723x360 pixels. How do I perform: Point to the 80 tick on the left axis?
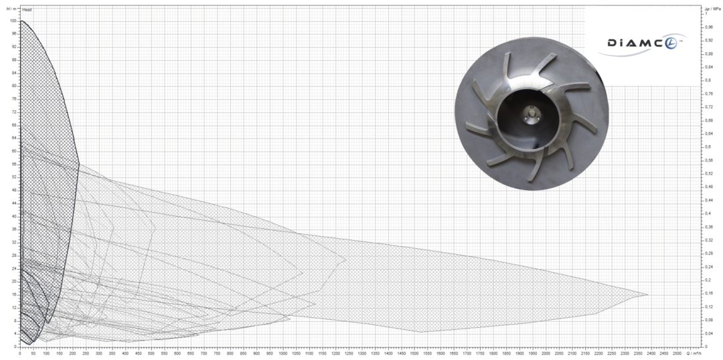click(x=14, y=86)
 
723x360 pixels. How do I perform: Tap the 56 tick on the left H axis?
click(x=14, y=164)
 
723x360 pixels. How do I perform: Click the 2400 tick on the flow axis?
click(x=651, y=353)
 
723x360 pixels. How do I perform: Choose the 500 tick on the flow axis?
click(x=151, y=353)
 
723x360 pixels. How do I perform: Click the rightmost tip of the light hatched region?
click(x=648, y=294)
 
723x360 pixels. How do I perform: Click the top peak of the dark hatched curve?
click(x=21, y=21)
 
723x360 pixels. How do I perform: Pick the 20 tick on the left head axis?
click(x=14, y=282)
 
